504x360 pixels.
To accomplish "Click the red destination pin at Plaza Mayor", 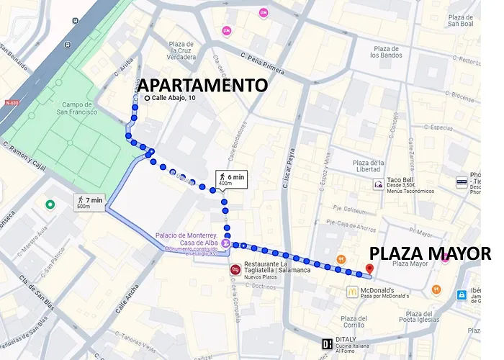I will pos(369,269).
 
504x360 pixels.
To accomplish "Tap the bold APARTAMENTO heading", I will pos(202,86).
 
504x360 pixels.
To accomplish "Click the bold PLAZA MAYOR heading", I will pos(430,253).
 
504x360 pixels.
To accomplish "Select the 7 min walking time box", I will pos(89,202).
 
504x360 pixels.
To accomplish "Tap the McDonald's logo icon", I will pos(351,292).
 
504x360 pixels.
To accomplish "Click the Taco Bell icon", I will pos(378,184).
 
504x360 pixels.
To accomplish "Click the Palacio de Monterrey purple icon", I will pos(227,244).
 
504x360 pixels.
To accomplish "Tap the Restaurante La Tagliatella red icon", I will pos(235,270).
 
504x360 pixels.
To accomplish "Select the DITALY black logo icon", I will pos(328,343).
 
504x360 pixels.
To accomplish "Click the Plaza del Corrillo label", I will pos(358,323).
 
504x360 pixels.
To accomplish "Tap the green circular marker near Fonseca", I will pos(50,205).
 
